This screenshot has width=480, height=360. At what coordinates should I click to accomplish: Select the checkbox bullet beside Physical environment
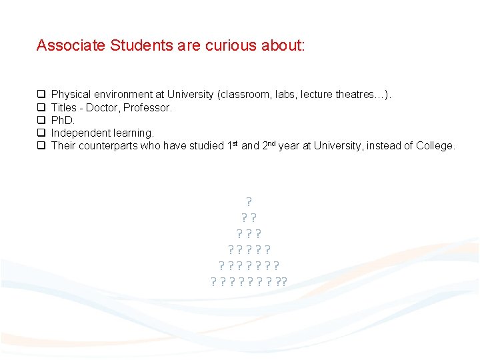coord(41,95)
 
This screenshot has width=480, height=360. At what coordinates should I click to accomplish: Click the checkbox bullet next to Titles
coord(41,107)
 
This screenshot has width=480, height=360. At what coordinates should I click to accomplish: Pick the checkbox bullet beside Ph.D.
coord(41,120)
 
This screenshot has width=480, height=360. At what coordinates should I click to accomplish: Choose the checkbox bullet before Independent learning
coord(41,133)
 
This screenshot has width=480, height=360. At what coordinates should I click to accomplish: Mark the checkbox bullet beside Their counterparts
coord(41,145)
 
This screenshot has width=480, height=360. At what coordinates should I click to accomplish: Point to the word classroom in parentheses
coord(243,95)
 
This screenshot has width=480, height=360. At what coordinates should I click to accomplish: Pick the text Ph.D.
coord(63,120)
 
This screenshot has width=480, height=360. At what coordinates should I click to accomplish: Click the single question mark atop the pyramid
coord(249,201)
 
